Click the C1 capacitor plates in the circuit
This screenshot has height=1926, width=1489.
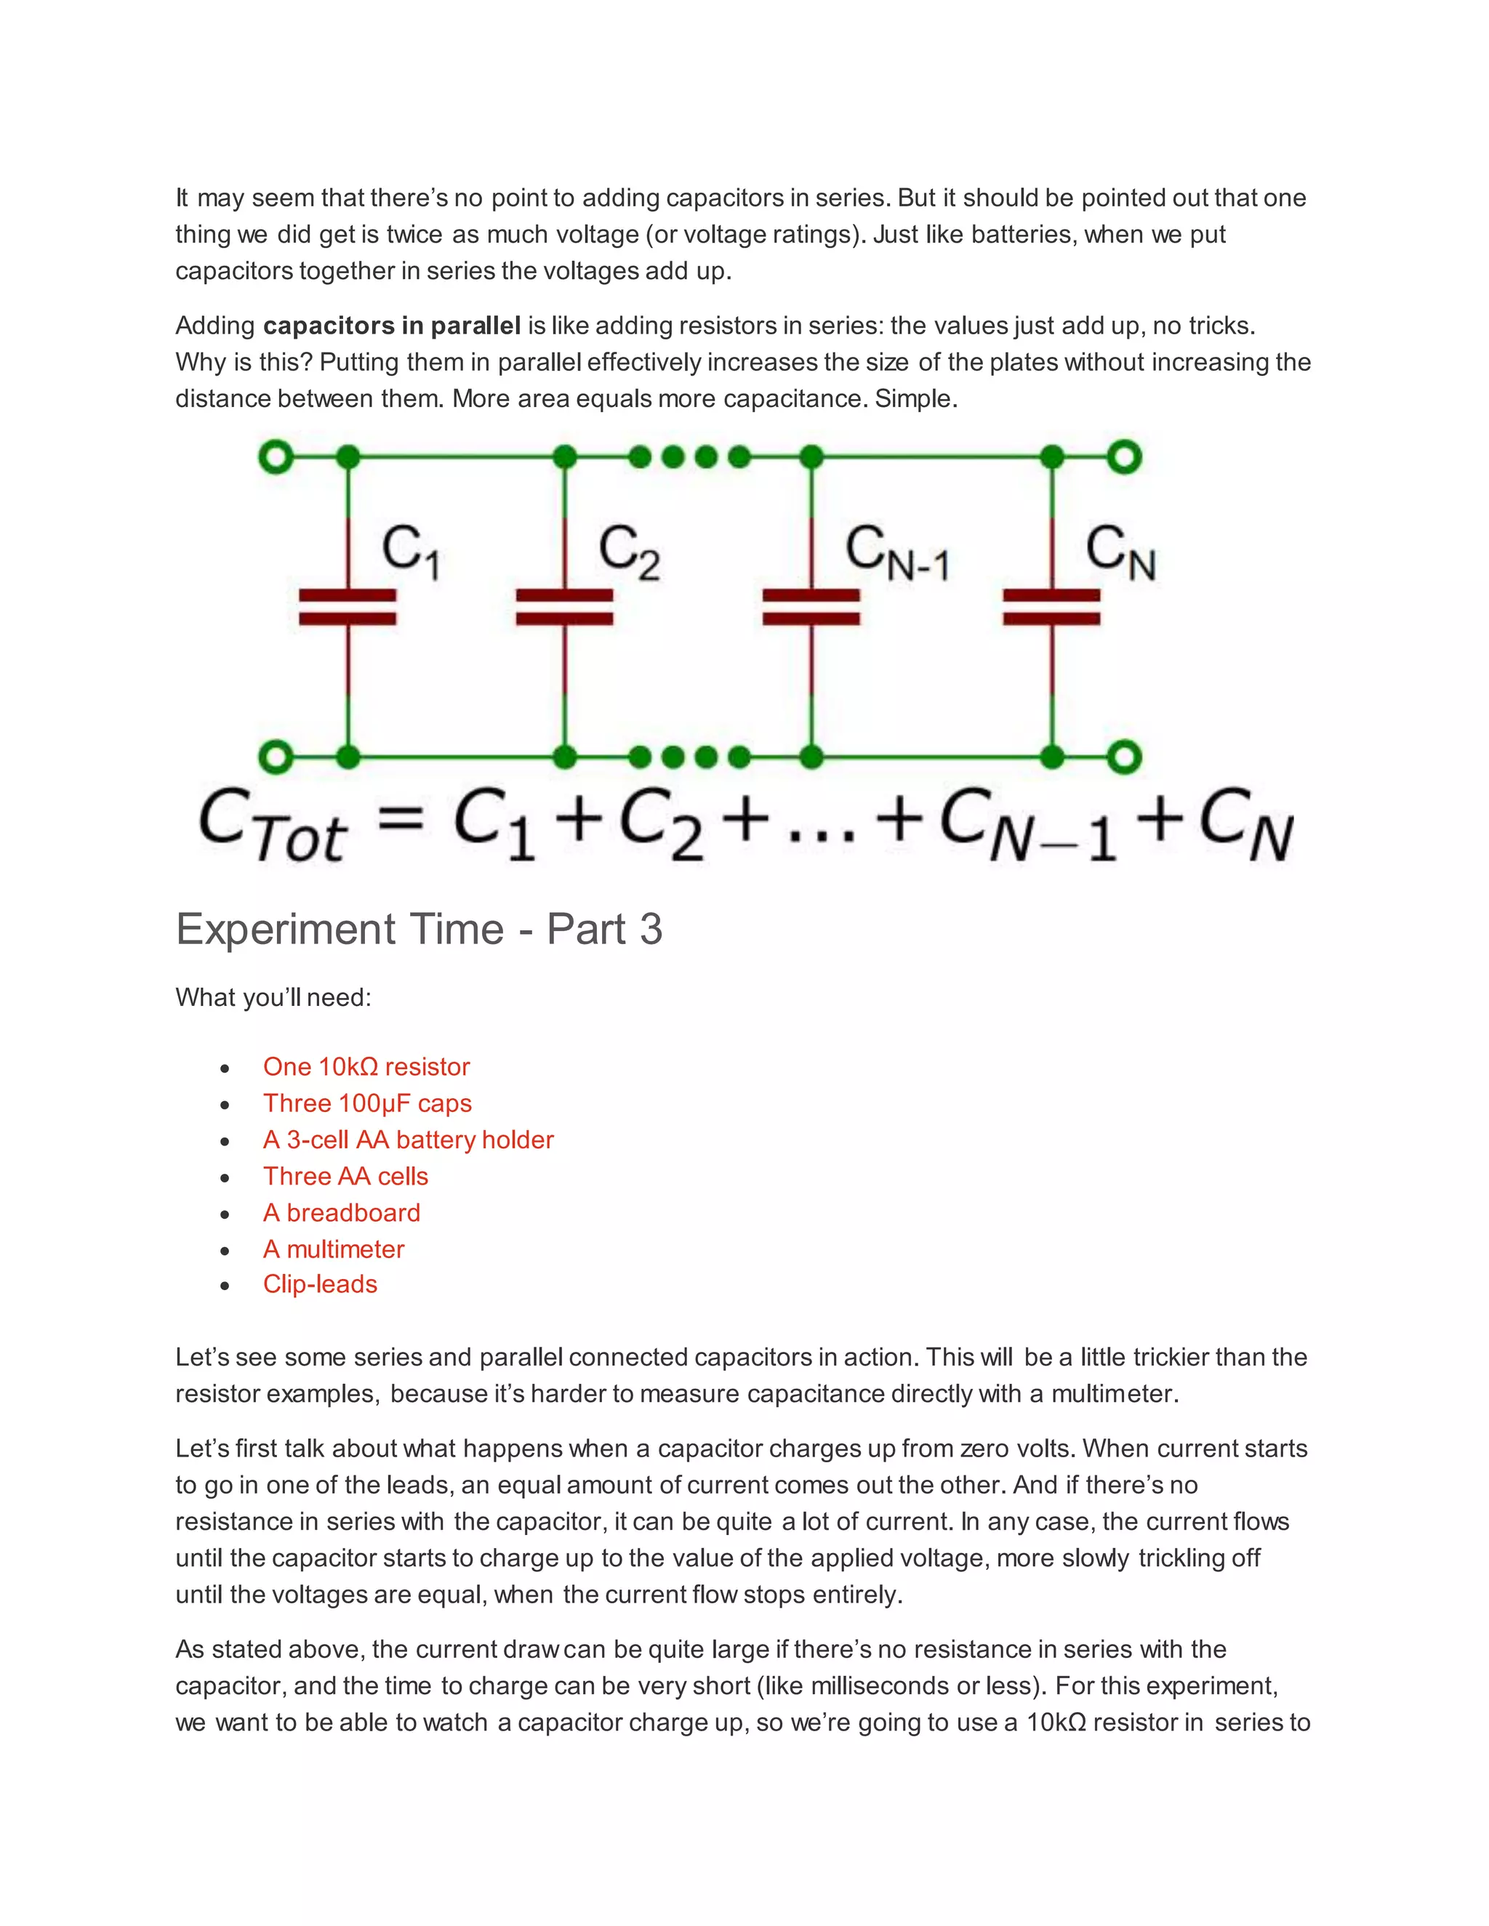(x=348, y=607)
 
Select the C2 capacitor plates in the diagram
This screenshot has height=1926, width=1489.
(x=564, y=607)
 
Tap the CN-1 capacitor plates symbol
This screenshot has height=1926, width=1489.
(x=811, y=607)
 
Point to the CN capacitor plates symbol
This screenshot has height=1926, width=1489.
(x=1051, y=607)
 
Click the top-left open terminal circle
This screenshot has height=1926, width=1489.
(x=276, y=457)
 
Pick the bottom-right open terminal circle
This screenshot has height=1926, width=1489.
(x=1125, y=757)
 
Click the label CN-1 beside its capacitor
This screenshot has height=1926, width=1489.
(x=896, y=553)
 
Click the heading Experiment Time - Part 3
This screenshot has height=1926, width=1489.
(x=419, y=930)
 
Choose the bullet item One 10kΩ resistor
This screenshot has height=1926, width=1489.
(x=366, y=1067)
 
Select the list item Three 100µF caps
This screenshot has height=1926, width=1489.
(x=367, y=1103)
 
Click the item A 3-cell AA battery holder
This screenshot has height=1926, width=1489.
(x=408, y=1140)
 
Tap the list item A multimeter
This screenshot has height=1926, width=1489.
(x=334, y=1249)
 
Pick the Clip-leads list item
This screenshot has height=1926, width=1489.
(x=319, y=1284)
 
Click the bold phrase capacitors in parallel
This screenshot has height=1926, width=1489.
(x=392, y=326)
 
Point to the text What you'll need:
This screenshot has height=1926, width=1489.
(x=273, y=997)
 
